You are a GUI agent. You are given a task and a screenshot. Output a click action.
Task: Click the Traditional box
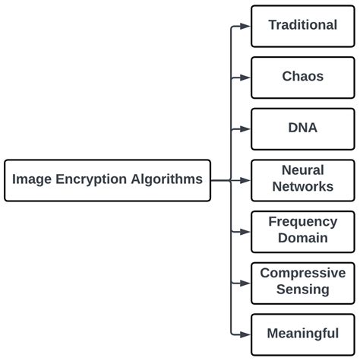302,26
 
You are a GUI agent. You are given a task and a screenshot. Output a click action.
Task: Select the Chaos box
302,77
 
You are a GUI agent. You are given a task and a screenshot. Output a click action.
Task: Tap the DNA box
302,128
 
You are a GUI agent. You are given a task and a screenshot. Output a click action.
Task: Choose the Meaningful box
302,334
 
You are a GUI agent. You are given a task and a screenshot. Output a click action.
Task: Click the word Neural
302,171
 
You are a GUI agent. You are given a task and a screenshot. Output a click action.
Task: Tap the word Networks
302,187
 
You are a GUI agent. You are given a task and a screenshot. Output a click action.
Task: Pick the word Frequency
302,222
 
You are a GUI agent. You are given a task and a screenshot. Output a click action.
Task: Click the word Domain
302,239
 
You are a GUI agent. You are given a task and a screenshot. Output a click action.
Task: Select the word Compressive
302,274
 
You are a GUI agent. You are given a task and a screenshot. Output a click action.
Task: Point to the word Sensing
302,290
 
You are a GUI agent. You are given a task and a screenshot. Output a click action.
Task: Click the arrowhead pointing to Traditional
245,26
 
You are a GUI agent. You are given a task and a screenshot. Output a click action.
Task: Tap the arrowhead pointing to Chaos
245,77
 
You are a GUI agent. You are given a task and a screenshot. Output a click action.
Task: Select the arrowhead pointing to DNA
245,128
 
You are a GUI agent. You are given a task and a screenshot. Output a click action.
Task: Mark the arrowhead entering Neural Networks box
245,180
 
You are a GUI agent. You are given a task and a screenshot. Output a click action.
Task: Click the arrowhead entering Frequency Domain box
245,231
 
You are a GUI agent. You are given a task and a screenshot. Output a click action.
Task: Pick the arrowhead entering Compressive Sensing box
245,282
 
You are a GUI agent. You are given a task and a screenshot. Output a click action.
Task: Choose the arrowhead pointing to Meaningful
245,334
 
